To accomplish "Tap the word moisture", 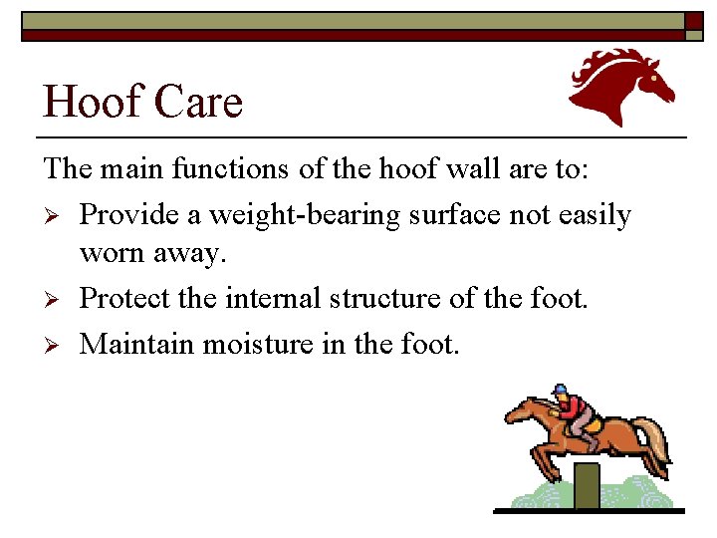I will [262, 344].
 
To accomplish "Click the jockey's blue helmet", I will [559, 390].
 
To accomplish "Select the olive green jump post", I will [588, 485].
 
